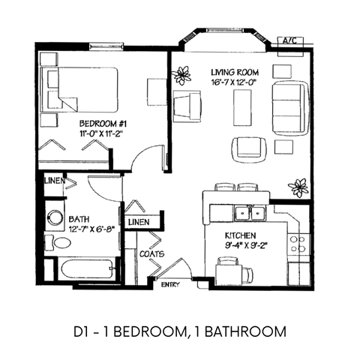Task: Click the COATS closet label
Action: click(x=152, y=254)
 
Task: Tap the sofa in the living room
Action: click(x=288, y=105)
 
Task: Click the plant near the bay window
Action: click(x=181, y=74)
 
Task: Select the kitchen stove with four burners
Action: click(x=297, y=244)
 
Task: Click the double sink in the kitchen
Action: click(x=249, y=214)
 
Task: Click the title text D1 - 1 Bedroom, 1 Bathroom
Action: click(x=180, y=330)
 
